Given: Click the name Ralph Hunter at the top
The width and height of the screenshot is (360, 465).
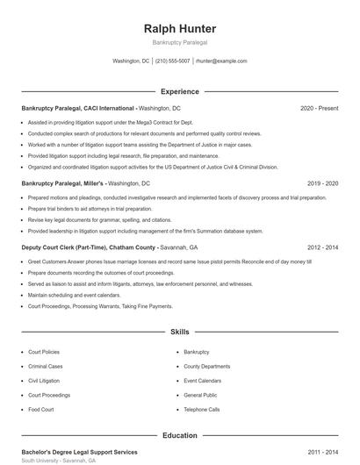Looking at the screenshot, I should click(179, 29).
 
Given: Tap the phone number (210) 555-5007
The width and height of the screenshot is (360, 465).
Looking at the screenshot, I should click(173, 61).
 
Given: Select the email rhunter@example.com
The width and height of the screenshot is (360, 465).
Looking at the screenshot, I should click(221, 61).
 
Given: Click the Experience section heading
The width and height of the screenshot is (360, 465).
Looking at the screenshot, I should click(179, 91).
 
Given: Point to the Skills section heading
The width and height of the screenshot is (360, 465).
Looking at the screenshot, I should click(179, 333).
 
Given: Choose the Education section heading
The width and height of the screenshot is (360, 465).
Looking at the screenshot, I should click(179, 435).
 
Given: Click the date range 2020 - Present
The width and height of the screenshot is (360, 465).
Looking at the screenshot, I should click(319, 108).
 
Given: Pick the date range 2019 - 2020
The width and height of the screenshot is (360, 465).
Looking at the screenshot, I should click(323, 183).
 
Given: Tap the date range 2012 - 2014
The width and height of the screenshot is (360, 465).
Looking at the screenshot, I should click(323, 247).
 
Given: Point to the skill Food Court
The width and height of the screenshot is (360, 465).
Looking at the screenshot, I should click(41, 410).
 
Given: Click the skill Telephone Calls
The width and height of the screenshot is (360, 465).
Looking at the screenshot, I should click(201, 410).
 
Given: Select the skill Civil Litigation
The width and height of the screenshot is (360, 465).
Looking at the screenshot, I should click(45, 381).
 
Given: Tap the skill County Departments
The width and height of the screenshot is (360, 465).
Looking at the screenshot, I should click(206, 366).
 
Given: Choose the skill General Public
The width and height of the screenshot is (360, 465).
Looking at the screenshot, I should click(200, 395).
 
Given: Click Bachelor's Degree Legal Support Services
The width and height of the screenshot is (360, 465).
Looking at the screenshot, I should click(79, 452).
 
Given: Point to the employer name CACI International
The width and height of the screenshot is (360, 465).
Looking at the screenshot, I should click(105, 108).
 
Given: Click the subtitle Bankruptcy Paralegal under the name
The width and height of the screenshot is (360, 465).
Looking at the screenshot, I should click(179, 42).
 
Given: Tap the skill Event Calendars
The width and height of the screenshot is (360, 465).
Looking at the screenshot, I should click(203, 381).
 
